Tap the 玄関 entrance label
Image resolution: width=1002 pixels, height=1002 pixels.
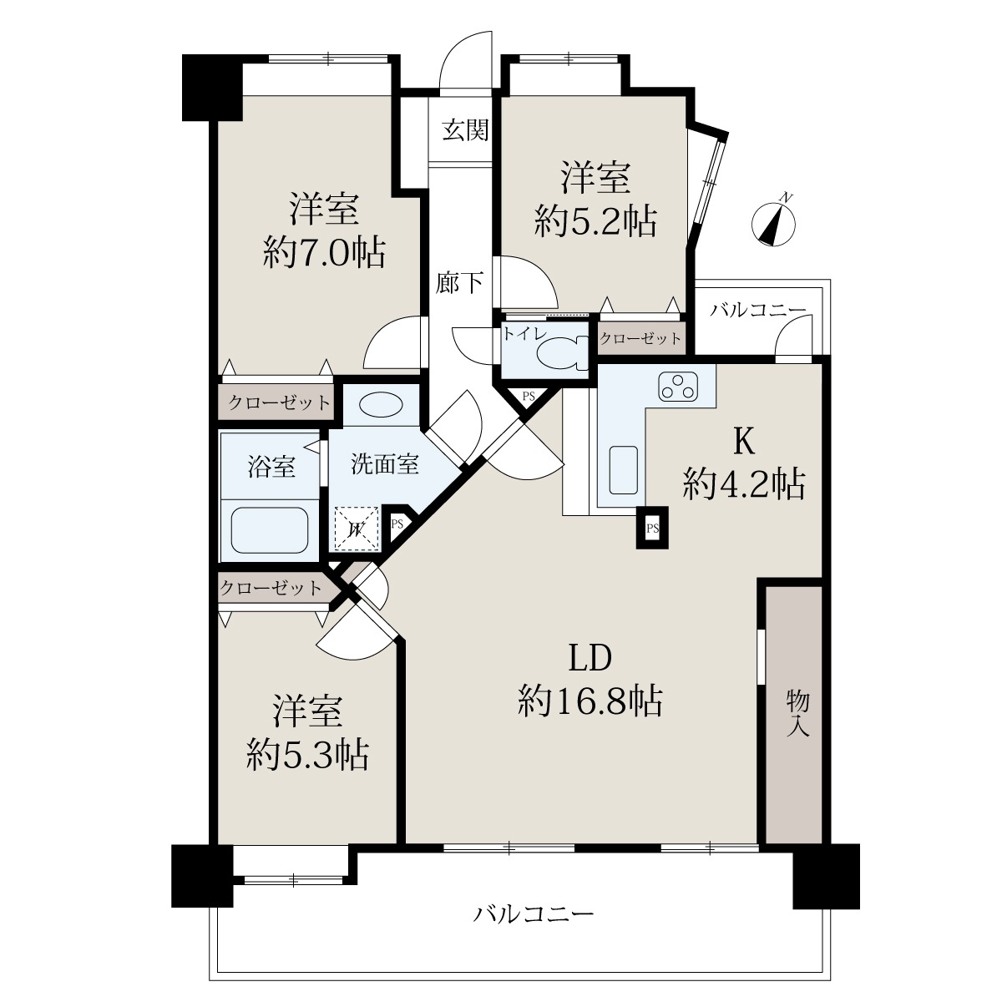[465, 130]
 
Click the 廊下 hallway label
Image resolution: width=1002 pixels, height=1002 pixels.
[459, 282]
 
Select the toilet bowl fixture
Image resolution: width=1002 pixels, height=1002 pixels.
[561, 353]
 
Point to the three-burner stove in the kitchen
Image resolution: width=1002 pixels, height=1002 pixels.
[678, 387]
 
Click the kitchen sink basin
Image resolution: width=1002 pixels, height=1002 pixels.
[624, 470]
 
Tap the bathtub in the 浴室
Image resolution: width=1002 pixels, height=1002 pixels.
[270, 530]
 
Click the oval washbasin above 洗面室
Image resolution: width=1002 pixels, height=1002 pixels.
[381, 404]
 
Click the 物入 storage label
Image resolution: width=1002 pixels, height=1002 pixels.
[797, 713]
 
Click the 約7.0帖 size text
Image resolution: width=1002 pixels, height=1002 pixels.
[324, 252]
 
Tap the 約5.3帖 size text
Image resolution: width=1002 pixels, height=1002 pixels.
[308, 755]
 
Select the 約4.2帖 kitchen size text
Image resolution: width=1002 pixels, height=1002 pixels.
[744, 483]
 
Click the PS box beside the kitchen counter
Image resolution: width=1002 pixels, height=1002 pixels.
[652, 528]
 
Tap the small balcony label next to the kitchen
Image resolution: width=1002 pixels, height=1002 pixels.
[757, 311]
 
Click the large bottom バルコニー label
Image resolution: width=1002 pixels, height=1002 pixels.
[534, 913]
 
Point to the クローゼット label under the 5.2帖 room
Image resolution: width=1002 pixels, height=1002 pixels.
[640, 338]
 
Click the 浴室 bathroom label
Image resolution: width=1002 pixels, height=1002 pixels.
[271, 466]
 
